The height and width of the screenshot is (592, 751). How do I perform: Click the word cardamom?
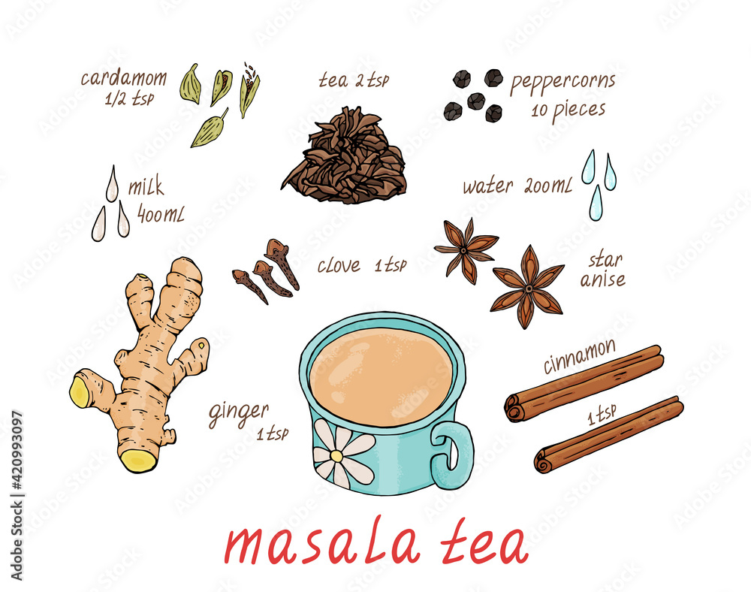click(123, 78)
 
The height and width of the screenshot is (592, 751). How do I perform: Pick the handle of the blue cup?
click(454, 450)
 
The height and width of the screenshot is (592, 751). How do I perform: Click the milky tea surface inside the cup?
click(381, 376)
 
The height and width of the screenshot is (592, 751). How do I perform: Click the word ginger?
click(238, 412)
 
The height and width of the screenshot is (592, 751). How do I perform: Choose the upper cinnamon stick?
click(584, 382)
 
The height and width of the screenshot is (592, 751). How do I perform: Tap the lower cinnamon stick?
click(608, 435)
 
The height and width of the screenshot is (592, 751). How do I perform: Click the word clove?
click(338, 266)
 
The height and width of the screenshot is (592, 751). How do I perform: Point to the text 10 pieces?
click(568, 110)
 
